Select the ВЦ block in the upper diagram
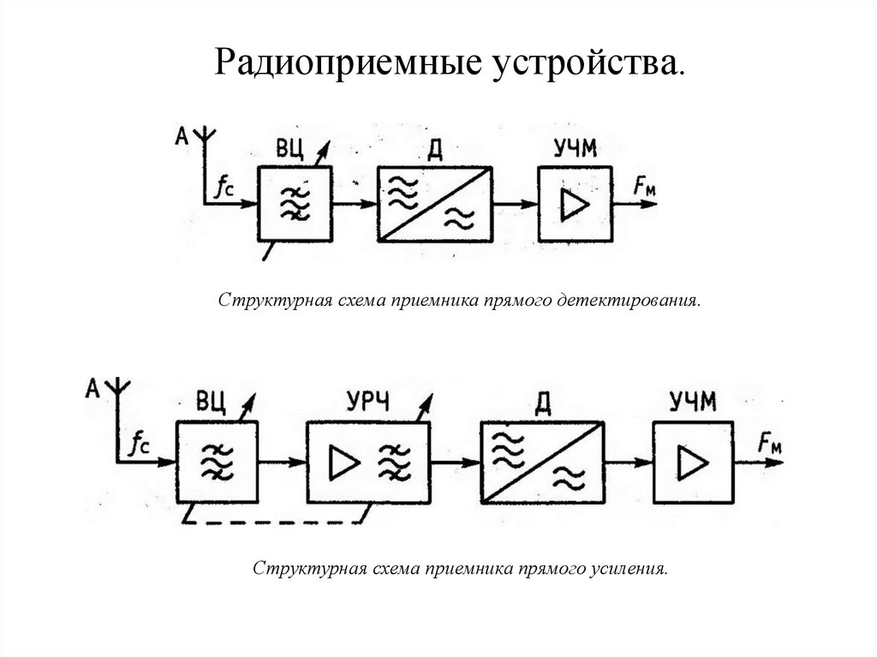click(x=294, y=204)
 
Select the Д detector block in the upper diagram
click(x=434, y=204)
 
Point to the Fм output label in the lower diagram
click(x=770, y=444)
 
